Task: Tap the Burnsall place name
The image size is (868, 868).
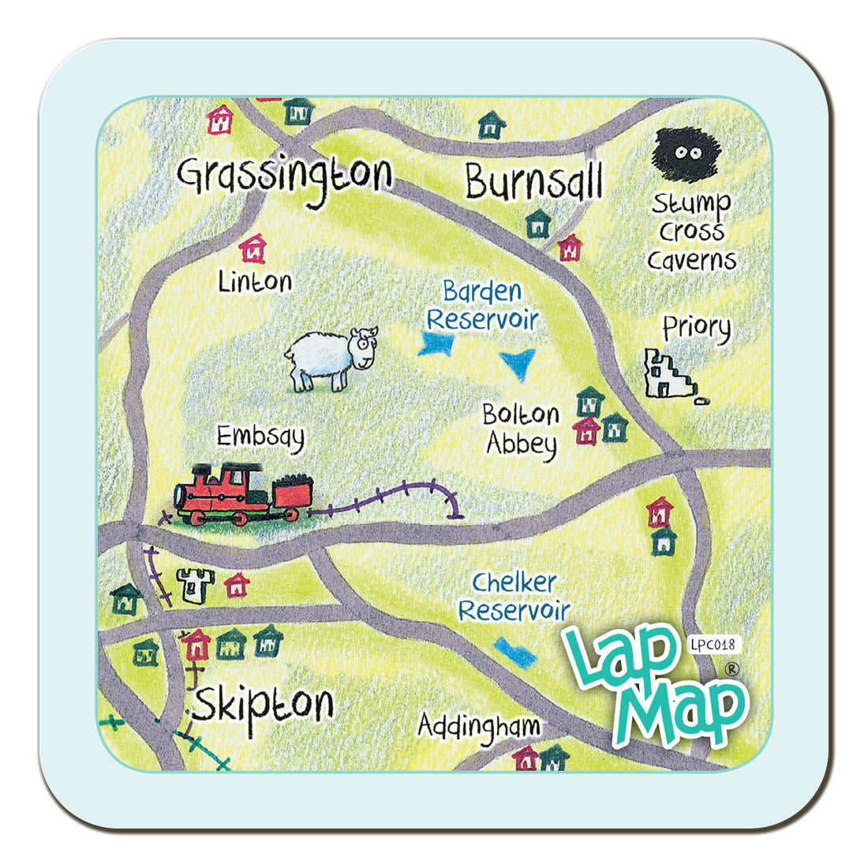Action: (534, 181)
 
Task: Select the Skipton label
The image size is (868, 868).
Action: (264, 705)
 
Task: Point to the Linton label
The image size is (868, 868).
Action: (255, 282)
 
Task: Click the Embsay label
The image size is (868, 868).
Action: (260, 436)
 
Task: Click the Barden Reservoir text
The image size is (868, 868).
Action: (482, 305)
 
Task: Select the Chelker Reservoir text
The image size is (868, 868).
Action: (514, 597)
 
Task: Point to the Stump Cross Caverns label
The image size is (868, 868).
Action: (691, 232)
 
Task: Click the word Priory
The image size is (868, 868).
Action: (696, 328)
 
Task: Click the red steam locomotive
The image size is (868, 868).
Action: (237, 493)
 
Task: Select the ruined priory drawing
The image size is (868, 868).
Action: (669, 373)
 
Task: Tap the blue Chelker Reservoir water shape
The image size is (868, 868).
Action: (514, 652)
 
